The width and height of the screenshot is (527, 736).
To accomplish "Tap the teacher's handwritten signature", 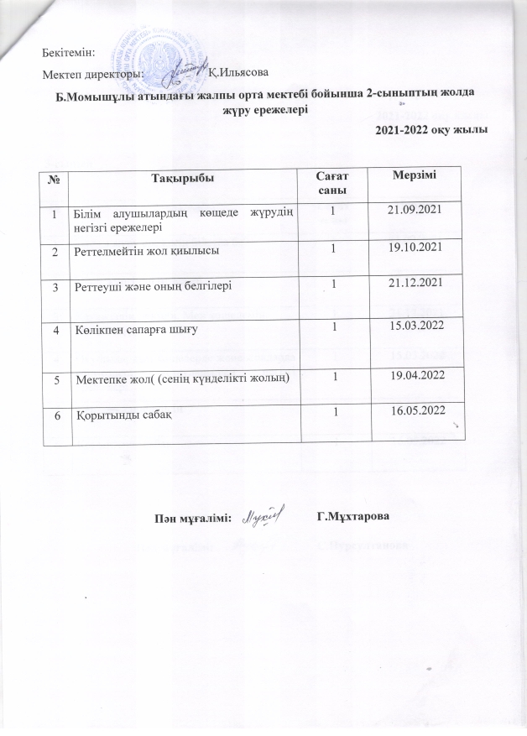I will click(262, 514).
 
